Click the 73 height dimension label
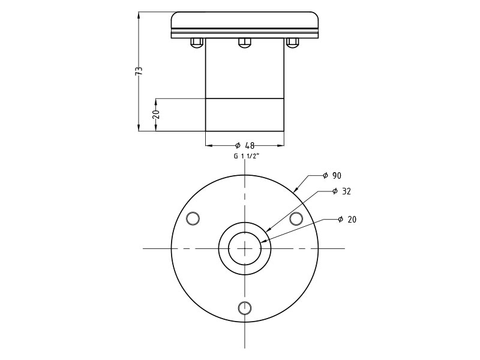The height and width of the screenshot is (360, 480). [139, 71]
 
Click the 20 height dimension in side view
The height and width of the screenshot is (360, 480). [156, 114]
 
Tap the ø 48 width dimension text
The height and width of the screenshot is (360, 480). [245, 145]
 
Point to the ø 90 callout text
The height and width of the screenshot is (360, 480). [332, 176]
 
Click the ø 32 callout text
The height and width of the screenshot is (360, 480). [341, 191]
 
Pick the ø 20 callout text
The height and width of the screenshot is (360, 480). [347, 220]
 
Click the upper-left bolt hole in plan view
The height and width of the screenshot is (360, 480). [193, 218]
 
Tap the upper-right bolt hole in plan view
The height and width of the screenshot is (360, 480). [296, 218]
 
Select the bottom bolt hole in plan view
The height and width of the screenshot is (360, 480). [244, 308]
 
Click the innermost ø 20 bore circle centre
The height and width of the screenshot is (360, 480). [244, 248]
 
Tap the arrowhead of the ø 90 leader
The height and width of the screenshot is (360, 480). [295, 191]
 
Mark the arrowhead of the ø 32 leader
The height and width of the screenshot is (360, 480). [266, 232]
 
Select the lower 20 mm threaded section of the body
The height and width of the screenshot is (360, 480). [244, 115]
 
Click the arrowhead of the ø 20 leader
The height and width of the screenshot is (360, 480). [262, 242]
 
